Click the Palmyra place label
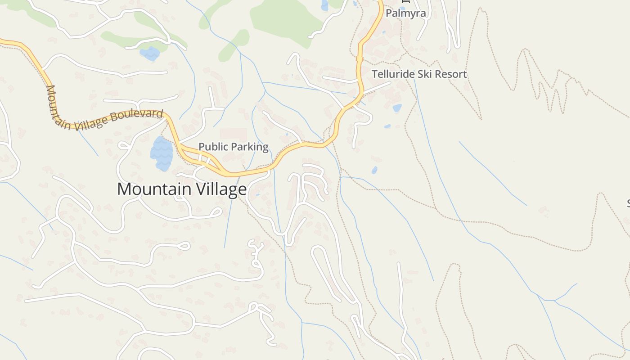click(x=405, y=13)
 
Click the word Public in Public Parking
click(x=213, y=147)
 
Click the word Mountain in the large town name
click(x=153, y=189)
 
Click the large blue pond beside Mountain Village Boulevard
click(x=162, y=153)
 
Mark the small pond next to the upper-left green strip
click(x=150, y=54)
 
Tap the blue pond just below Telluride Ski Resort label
click(x=397, y=108)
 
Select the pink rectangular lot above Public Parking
click(x=233, y=134)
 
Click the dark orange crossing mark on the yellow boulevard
click(x=359, y=58)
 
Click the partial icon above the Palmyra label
click(x=404, y=1)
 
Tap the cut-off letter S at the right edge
click(x=628, y=203)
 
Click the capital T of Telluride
click(x=374, y=74)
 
